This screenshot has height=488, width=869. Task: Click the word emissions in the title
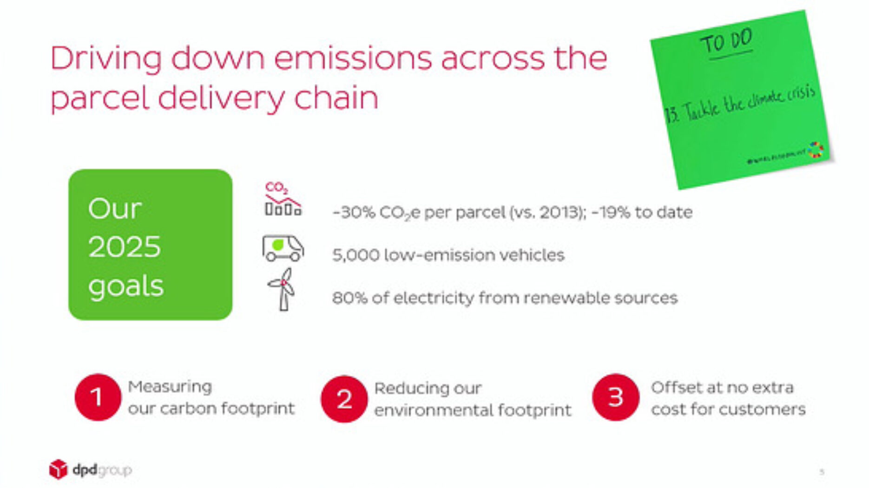tap(353, 59)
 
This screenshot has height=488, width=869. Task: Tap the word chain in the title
tap(336, 98)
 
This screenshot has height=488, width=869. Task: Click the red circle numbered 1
tap(98, 397)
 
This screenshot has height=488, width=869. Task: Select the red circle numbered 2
tap(344, 399)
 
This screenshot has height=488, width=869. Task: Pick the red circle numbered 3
tap(615, 397)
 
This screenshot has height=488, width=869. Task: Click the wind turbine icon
tap(282, 290)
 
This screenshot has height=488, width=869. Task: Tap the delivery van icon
tap(283, 248)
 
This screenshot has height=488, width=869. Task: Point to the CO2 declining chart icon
tap(283, 200)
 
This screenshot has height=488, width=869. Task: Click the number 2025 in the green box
tap(124, 247)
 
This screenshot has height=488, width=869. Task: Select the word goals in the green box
tap(125, 286)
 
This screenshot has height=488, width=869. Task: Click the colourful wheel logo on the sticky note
tap(816, 150)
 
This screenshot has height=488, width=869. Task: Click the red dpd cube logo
tap(58, 469)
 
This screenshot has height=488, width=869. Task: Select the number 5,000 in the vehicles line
tap(355, 255)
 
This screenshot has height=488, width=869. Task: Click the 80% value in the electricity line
tap(349, 298)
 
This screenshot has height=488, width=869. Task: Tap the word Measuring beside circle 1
tap(170, 387)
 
